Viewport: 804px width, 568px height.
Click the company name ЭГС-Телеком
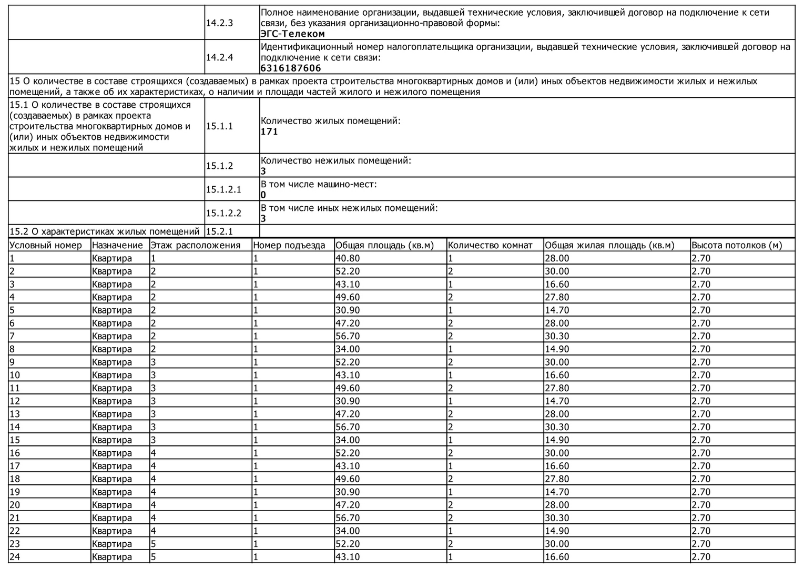(293, 34)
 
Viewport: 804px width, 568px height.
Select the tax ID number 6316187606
(291, 68)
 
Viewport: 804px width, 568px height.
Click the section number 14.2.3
(219, 23)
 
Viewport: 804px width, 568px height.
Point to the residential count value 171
(269, 131)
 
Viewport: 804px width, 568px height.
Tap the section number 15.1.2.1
(223, 189)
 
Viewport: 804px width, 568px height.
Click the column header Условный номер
(46, 245)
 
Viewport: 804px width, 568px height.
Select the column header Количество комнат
(490, 245)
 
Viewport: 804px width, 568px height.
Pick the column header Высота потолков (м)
(737, 245)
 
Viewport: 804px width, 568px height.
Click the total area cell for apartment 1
(348, 258)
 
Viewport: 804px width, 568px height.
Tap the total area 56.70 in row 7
(348, 336)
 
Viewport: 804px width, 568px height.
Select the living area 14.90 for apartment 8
(557, 349)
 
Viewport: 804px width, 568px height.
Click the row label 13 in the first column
(15, 414)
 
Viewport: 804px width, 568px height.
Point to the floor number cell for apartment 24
(154, 557)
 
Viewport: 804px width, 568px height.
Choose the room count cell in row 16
(451, 453)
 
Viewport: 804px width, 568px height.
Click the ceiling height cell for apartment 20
(701, 505)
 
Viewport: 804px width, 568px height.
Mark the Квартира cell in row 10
(112, 375)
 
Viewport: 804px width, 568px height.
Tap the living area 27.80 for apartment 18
(557, 479)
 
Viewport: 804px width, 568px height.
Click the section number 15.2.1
(219, 231)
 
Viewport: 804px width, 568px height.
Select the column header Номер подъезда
(289, 245)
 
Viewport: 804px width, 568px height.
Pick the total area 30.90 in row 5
(348, 310)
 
